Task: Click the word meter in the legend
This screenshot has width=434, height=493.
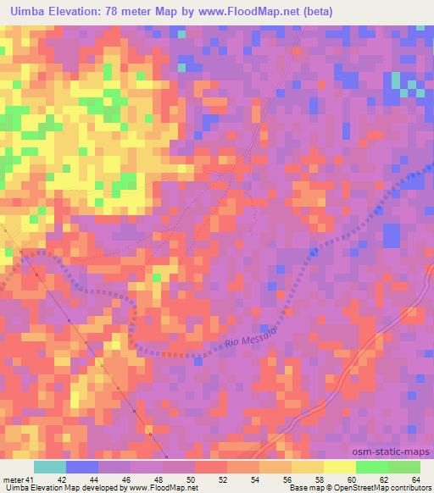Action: pos(13,479)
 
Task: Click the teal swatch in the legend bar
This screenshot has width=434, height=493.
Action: pos(50,467)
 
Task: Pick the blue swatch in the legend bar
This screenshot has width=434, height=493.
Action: pos(82,467)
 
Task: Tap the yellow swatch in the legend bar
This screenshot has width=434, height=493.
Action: pos(340,467)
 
